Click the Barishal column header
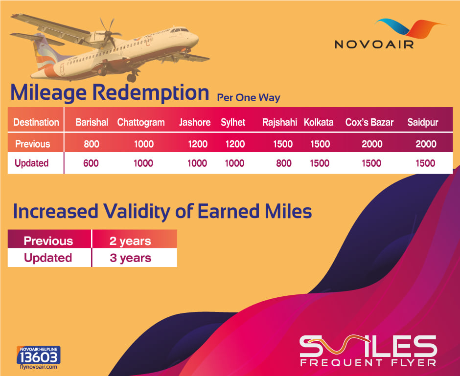92,122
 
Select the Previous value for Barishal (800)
92,144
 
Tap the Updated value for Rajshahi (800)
284,163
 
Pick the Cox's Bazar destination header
369,122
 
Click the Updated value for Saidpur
425,163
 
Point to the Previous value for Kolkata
320,144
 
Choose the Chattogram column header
141,123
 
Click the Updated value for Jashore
197,163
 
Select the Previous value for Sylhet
235,144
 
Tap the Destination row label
36,122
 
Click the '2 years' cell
130,241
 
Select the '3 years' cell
131,258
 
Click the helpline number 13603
39,357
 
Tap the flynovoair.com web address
39,367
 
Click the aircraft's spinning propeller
108,33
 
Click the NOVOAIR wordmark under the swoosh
374,44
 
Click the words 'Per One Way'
249,98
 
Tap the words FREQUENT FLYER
368,362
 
